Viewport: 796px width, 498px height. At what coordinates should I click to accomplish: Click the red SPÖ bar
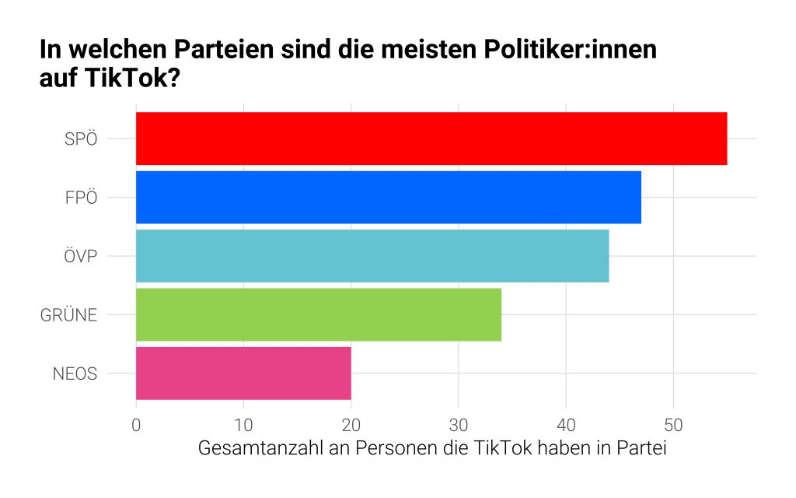click(431, 139)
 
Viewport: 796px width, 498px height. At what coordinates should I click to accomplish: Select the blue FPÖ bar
click(389, 197)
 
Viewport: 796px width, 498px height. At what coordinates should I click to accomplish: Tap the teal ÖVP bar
click(372, 255)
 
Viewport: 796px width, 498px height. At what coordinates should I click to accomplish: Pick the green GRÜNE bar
click(319, 314)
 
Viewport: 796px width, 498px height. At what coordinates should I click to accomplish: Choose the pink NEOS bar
click(243, 373)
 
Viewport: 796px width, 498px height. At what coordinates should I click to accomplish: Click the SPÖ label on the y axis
click(81, 139)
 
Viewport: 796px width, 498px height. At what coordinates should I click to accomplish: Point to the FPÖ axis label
click(81, 198)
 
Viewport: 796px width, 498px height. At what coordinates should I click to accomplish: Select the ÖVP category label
click(80, 256)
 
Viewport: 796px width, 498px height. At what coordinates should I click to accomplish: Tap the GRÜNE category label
click(68, 315)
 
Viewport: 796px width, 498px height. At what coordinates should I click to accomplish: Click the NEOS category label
click(75, 373)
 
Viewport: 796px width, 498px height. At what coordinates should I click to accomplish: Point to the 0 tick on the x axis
click(136, 426)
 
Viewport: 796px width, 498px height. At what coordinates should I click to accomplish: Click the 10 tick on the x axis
click(243, 426)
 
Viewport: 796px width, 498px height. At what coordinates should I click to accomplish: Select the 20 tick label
click(351, 426)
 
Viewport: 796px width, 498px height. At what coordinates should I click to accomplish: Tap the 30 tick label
click(458, 426)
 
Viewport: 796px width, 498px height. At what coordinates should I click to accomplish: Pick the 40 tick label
click(566, 426)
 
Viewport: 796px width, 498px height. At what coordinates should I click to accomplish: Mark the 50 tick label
click(673, 426)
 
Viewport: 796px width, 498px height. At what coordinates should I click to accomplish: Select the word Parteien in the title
click(229, 51)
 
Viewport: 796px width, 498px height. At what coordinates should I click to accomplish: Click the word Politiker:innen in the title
click(561, 51)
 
